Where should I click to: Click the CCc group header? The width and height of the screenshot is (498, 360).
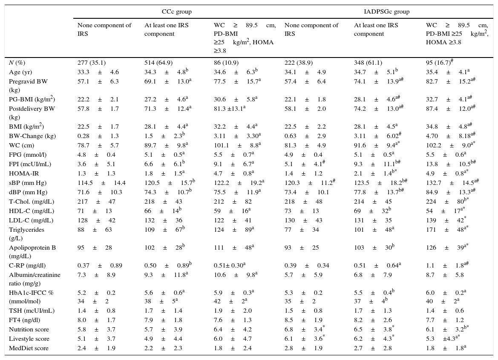[177, 12]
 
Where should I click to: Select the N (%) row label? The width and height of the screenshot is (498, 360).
[17, 63]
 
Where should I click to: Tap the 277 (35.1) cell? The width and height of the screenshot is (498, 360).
[92, 63]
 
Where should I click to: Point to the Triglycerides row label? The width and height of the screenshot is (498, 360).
[27, 230]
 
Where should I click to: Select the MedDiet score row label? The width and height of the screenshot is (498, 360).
[29, 348]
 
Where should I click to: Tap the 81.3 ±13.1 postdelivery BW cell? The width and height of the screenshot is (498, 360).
[230, 109]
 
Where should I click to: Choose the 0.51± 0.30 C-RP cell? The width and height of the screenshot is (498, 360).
[230, 265]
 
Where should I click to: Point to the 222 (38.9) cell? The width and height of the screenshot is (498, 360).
[299, 63]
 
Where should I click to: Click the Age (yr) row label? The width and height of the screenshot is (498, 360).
[20, 72]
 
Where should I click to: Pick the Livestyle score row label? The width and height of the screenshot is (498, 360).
[29, 339]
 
